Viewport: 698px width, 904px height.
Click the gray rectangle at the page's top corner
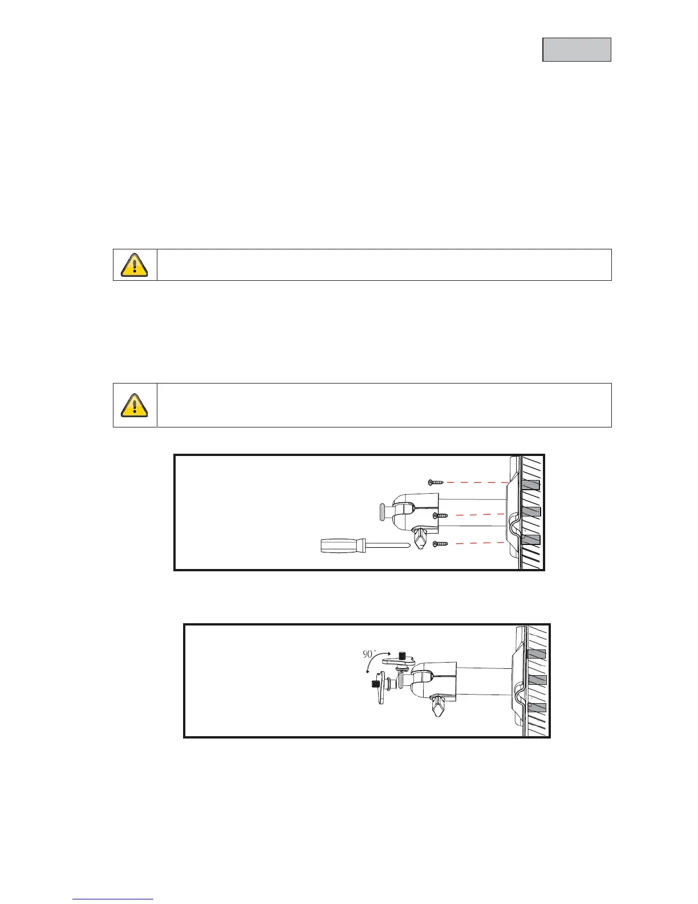point(577,50)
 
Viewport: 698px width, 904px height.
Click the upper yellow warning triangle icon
point(135,264)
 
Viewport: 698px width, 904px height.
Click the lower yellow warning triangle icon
point(135,405)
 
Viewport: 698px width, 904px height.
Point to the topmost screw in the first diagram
point(436,482)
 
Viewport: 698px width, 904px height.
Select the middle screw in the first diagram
point(441,515)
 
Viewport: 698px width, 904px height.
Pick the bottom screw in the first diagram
point(441,544)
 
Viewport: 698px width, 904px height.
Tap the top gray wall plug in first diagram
point(530,485)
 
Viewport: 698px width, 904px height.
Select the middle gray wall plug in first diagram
point(530,511)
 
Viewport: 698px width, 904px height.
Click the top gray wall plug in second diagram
point(536,653)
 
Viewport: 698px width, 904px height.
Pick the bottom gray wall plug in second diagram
point(536,707)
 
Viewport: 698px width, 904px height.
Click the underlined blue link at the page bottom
point(113,899)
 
